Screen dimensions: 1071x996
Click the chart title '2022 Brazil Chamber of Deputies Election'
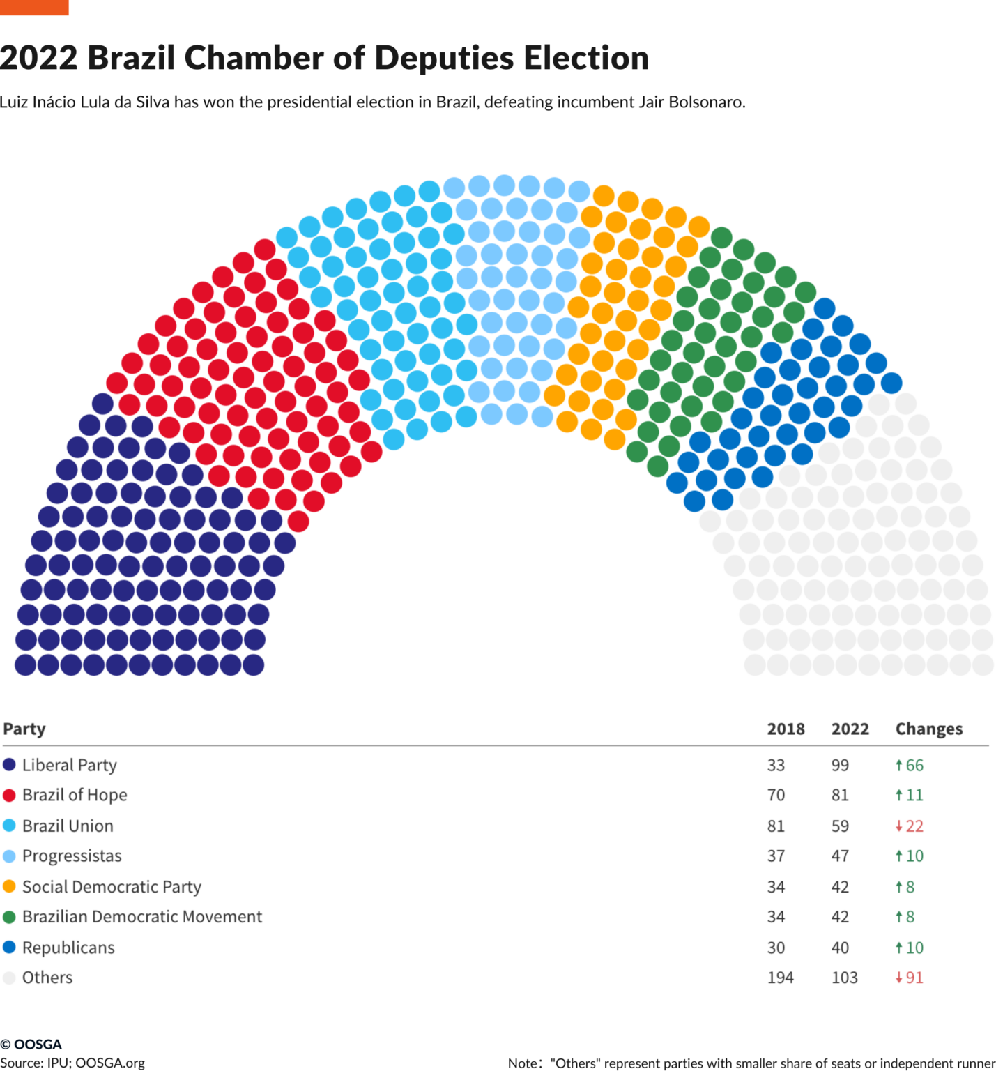[324, 58]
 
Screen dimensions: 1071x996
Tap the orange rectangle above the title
[34, 7]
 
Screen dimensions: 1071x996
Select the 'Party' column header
[24, 729]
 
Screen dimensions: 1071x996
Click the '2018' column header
[786, 729]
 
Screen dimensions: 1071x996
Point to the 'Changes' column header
[928, 729]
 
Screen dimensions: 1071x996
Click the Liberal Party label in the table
[69, 765]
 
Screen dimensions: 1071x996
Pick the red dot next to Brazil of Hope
[9, 796]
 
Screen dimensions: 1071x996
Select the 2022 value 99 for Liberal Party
[840, 765]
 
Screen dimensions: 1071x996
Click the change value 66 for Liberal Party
[914, 765]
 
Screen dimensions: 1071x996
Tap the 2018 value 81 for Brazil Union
[776, 826]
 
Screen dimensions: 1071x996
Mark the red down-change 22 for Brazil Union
[914, 826]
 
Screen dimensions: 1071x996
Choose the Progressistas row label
[72, 856]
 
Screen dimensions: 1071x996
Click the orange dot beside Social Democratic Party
[9, 886]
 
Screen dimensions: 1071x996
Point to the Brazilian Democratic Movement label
[142, 917]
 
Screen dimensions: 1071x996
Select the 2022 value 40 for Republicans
[840, 948]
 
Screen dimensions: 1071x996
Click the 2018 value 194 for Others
[780, 978]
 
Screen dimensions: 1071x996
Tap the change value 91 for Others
[914, 978]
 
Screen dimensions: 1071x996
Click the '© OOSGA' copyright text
[31, 1044]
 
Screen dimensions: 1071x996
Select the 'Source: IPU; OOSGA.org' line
[72, 1063]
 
